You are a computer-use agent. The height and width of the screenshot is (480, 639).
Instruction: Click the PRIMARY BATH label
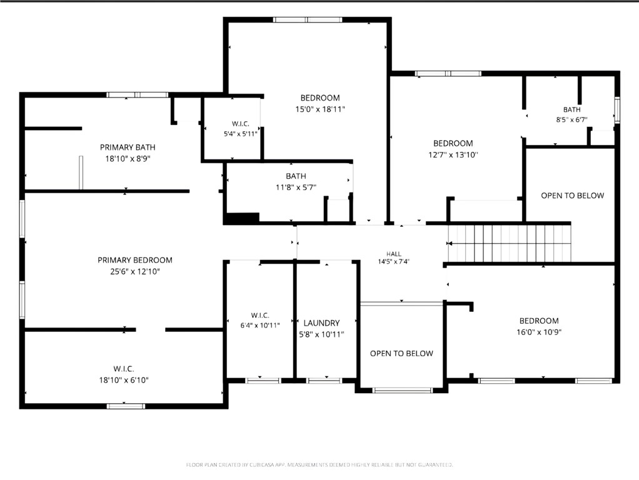[128, 147]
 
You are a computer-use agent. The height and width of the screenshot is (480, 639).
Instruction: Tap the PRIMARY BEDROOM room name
[135, 260]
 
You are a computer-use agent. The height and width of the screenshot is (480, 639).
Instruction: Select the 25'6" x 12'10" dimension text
[135, 271]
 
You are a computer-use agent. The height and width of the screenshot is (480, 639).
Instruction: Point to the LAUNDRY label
[321, 323]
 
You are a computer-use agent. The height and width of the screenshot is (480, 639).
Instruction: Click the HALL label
[394, 254]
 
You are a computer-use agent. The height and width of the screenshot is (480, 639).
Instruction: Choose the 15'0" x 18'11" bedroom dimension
[320, 109]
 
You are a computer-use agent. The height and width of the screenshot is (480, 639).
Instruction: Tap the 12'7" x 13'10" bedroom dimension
[453, 155]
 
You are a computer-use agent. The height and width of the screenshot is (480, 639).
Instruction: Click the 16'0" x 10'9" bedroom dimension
[539, 332]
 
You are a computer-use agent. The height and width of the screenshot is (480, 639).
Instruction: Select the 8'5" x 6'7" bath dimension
[571, 120]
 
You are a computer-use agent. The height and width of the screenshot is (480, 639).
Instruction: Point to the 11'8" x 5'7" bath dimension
[296, 187]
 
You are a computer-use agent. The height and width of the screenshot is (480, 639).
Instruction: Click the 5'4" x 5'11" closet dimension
[241, 134]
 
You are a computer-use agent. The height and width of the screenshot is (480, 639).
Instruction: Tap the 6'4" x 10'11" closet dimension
[260, 325]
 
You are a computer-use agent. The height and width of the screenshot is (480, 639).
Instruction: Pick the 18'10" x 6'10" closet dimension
[124, 380]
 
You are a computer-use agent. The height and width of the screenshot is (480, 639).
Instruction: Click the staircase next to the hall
[509, 243]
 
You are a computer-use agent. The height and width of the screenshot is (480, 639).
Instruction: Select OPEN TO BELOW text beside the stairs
[573, 196]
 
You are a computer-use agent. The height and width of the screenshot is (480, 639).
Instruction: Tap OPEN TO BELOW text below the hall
[401, 353]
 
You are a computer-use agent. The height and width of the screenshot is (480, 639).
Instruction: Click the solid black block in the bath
[243, 218]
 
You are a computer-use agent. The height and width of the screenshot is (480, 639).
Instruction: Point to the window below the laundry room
[325, 381]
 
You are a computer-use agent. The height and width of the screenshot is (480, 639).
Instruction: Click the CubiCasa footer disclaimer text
[319, 464]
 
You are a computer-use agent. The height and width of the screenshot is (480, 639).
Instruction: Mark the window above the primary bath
[138, 95]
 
